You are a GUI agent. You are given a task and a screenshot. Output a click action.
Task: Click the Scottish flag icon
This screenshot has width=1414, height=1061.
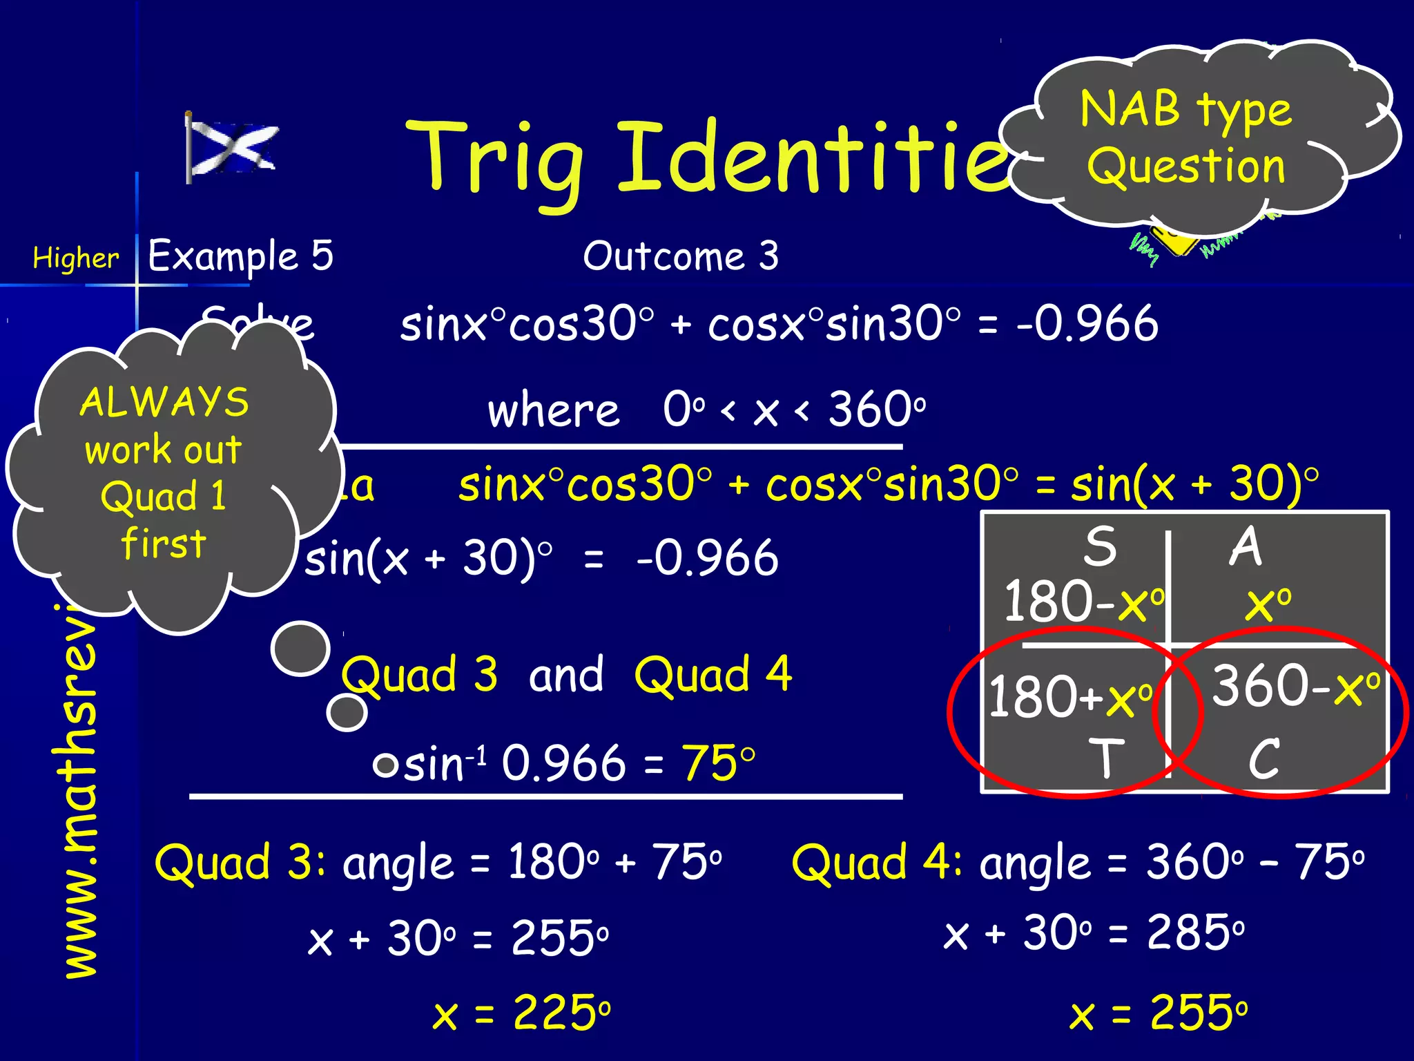click(231, 147)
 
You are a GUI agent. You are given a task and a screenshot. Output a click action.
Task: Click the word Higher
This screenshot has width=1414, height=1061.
click(76, 258)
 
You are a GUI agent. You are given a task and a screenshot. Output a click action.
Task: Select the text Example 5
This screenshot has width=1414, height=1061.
click(240, 256)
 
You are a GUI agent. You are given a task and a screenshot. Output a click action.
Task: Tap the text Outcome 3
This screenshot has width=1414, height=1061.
click(681, 256)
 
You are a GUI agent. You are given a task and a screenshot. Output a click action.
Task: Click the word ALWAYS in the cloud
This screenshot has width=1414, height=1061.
click(164, 402)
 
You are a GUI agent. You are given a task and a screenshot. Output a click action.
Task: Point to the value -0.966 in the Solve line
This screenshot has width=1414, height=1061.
click(1087, 323)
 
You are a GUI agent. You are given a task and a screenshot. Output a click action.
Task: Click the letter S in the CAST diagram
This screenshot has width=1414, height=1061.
click(1099, 546)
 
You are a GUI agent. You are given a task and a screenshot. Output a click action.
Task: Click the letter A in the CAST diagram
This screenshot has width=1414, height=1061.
click(1246, 546)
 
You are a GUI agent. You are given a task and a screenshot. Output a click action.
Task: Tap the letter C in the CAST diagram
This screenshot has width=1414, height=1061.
click(1263, 758)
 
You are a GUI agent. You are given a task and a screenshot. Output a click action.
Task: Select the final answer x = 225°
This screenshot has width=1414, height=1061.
click(522, 1013)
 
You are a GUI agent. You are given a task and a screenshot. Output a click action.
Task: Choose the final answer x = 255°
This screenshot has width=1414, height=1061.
click(1159, 1013)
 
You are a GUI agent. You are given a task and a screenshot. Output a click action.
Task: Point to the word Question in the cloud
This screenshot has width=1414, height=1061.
click(1186, 166)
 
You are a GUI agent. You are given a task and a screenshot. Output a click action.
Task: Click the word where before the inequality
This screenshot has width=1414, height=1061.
click(554, 410)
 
